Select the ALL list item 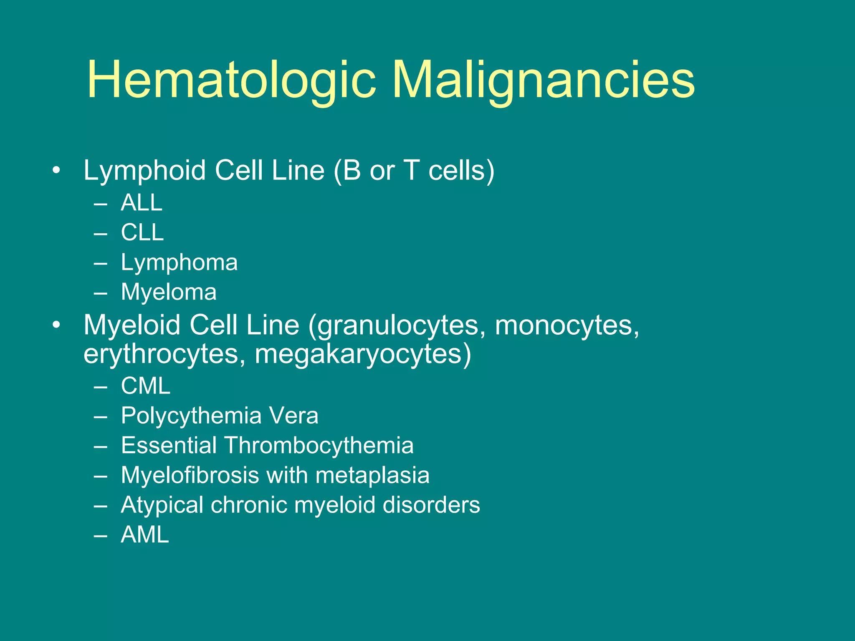pyautogui.click(x=142, y=203)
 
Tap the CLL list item pyautogui.click(x=142, y=232)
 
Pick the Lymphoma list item pyautogui.click(x=179, y=262)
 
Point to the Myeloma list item pyautogui.click(x=169, y=292)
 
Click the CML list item pyautogui.click(x=146, y=386)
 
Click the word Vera pyautogui.click(x=293, y=416)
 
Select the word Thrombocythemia pyautogui.click(x=319, y=445)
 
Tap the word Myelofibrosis pyautogui.click(x=190, y=475)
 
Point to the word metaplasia pyautogui.click(x=372, y=475)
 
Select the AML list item pyautogui.click(x=145, y=535)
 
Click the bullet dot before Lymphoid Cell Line pyautogui.click(x=56, y=171)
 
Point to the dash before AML pyautogui.click(x=101, y=535)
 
